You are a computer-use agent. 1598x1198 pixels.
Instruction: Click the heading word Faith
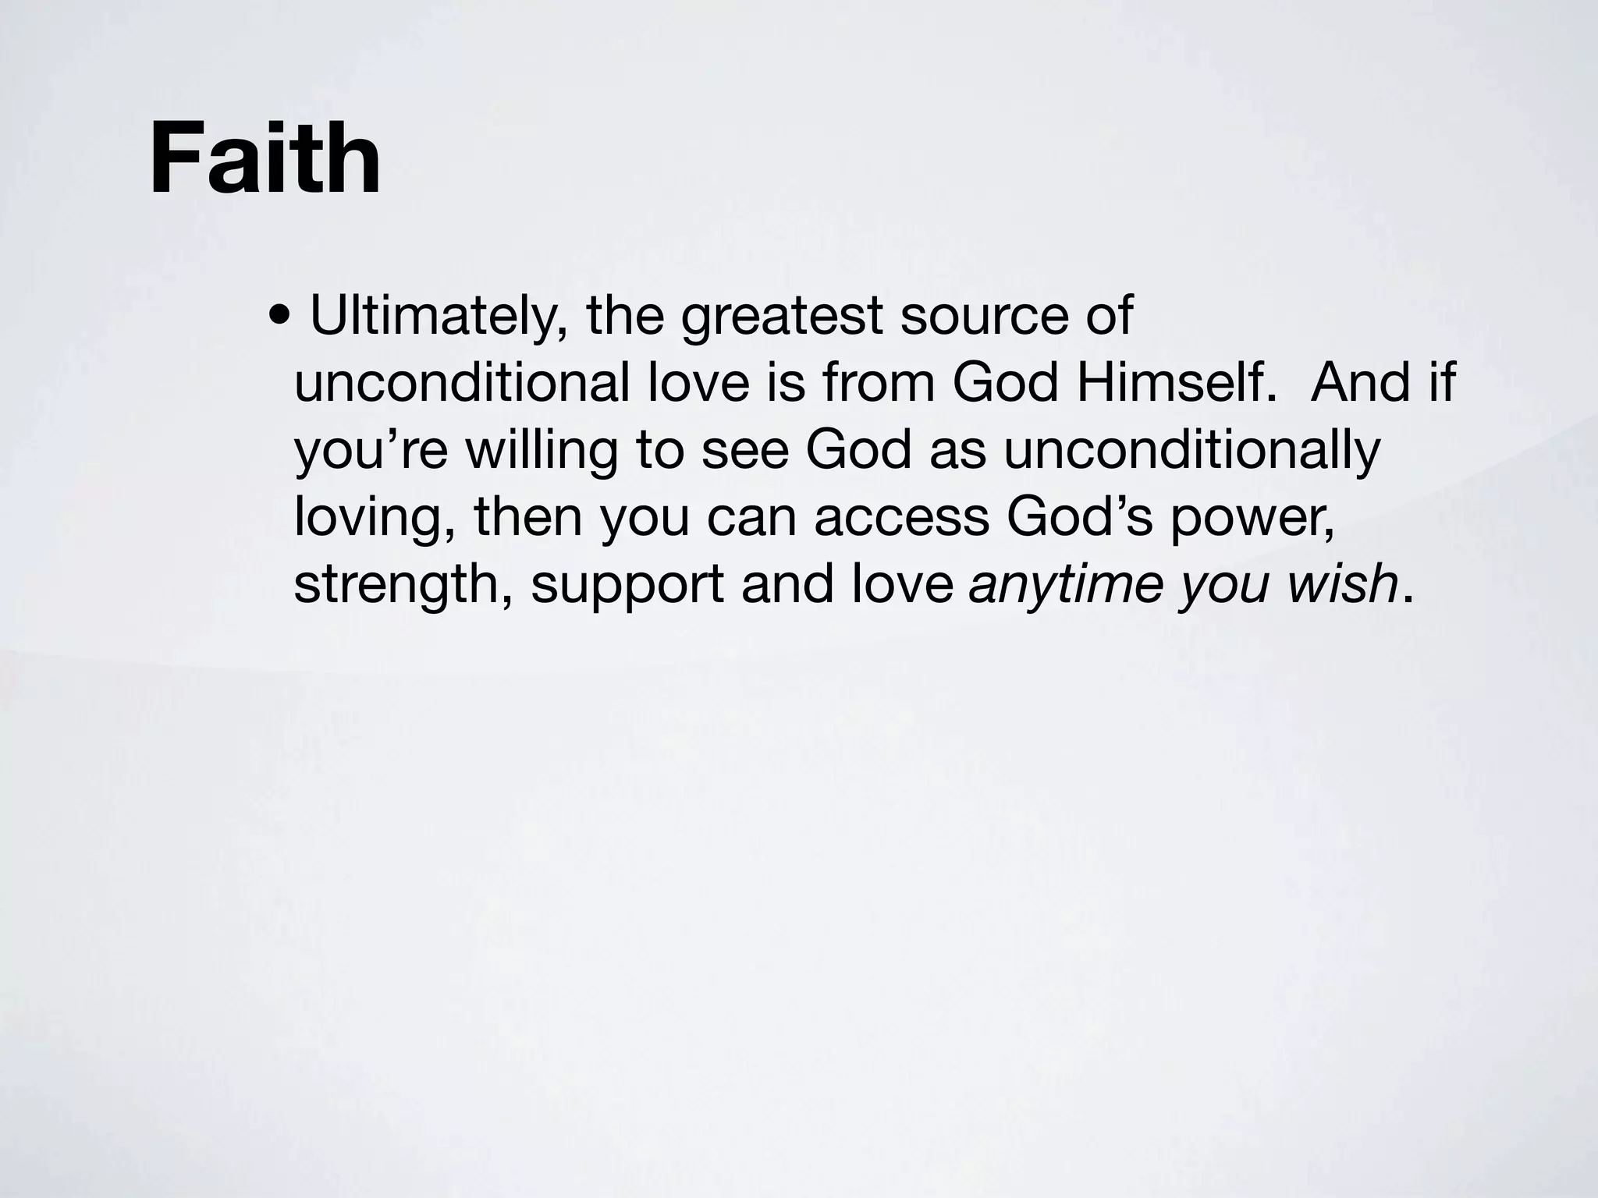pyautogui.click(x=265, y=159)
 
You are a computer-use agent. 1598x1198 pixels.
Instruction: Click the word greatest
pyautogui.click(x=782, y=318)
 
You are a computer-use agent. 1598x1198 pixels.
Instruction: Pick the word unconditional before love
pyautogui.click(x=462, y=383)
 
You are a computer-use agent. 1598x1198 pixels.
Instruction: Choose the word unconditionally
pyautogui.click(x=1191, y=451)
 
